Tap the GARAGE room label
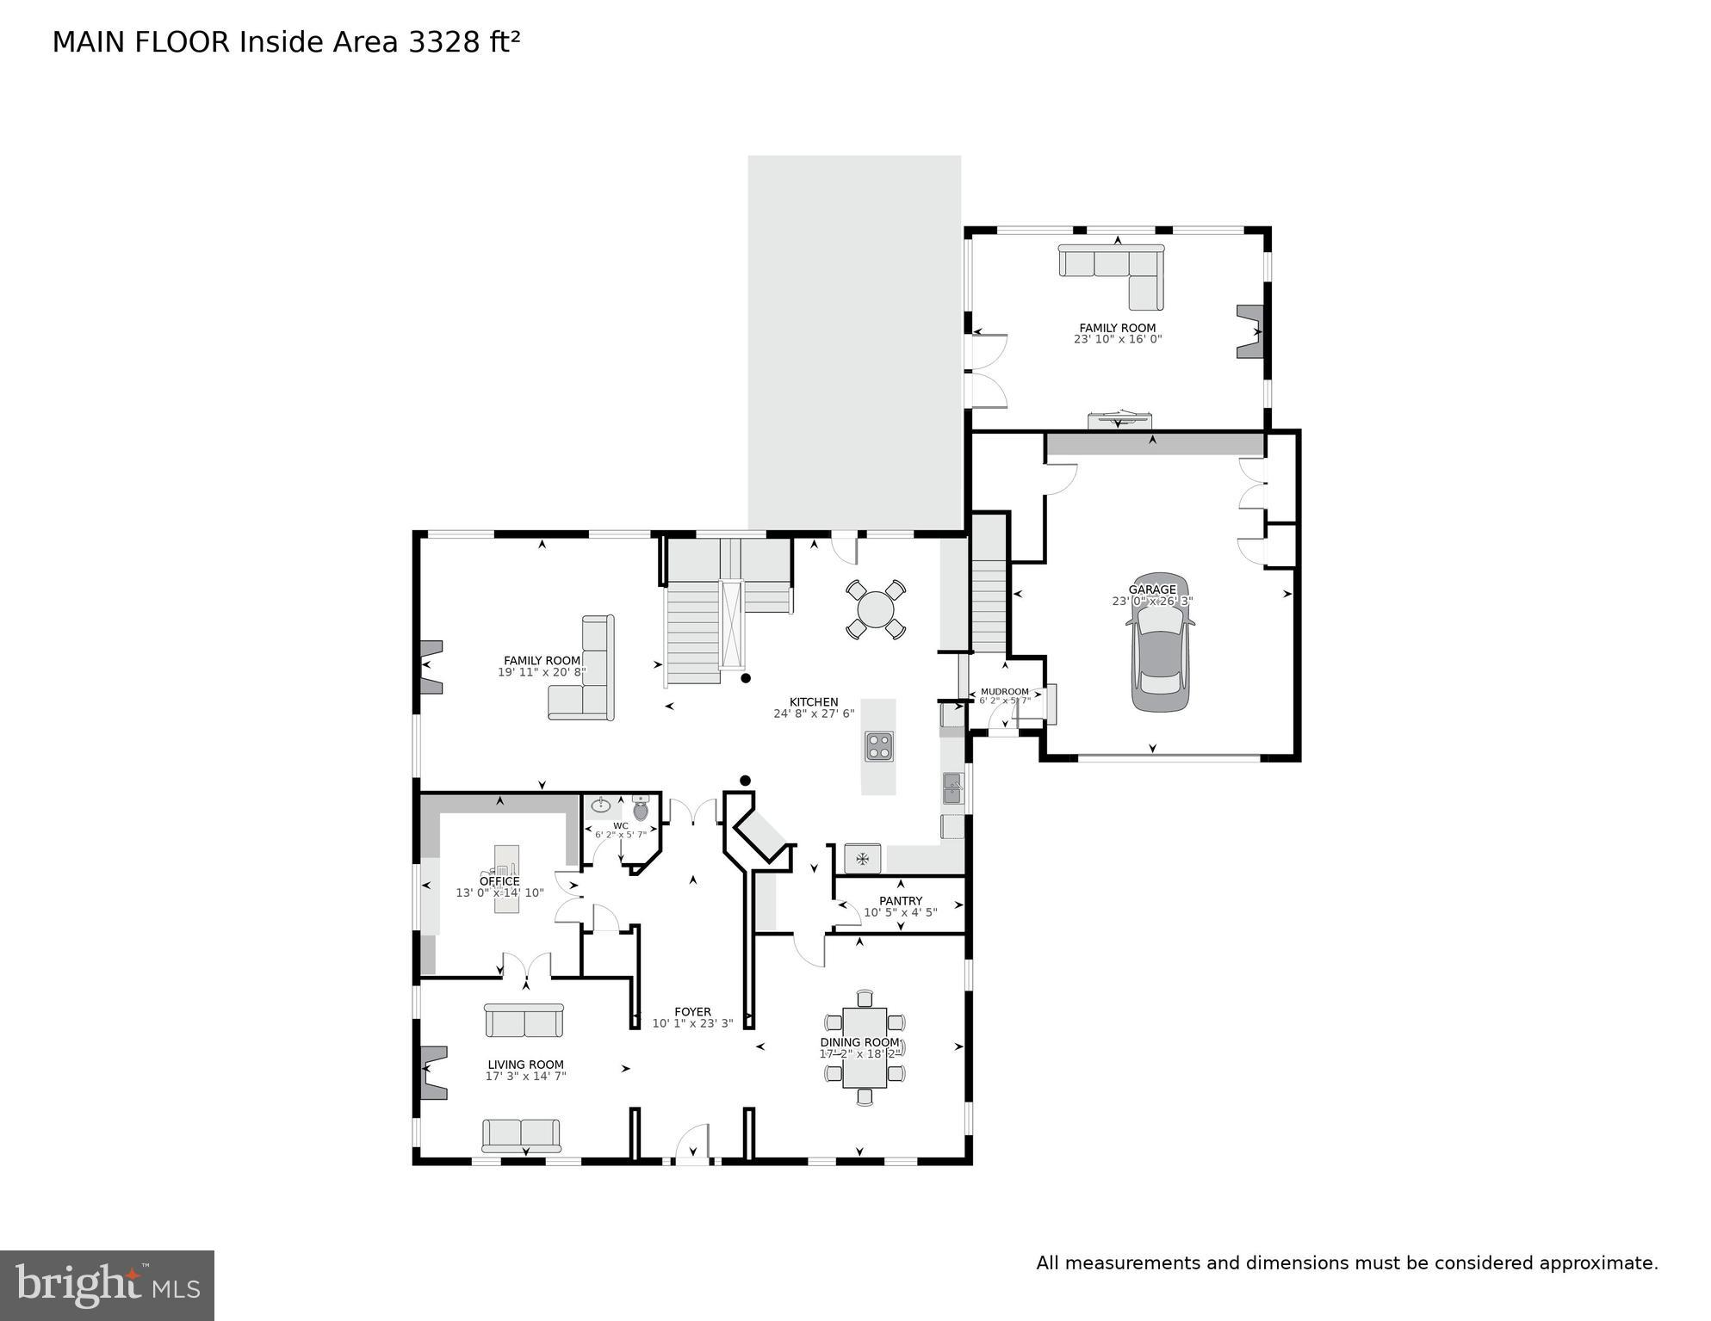coord(1152,590)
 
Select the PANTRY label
coord(900,901)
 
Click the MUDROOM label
coord(1004,692)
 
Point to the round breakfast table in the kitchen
coord(875,609)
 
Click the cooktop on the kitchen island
coord(878,745)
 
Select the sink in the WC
coord(601,806)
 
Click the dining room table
coord(864,1047)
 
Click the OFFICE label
coord(499,881)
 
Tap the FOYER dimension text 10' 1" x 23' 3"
coord(692,1024)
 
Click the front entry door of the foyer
coord(691,1145)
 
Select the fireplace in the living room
coord(432,1072)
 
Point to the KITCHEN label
coord(814,702)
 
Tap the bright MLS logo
coord(107,1286)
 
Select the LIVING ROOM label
coord(525,1065)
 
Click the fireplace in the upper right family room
coord(1249,331)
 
